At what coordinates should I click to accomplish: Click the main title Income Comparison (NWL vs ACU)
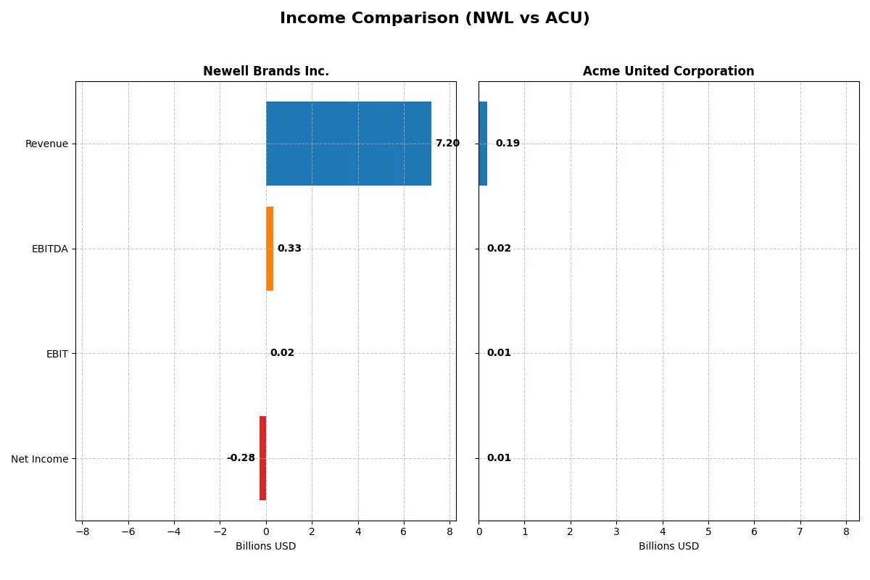point(434,19)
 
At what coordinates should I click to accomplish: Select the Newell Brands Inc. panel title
point(265,71)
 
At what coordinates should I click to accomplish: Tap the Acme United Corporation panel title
point(668,71)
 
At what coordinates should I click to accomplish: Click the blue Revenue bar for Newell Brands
point(348,144)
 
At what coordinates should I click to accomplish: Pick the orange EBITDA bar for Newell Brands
point(270,249)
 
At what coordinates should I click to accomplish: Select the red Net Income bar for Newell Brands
point(262,458)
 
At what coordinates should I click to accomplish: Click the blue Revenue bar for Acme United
point(483,144)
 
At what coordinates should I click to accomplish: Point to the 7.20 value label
point(447,144)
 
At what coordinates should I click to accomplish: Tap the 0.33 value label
point(289,249)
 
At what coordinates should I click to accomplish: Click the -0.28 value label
point(241,458)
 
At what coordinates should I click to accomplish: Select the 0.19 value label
point(507,144)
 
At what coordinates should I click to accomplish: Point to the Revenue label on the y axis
point(46,144)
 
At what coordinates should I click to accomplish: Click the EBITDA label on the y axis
point(49,249)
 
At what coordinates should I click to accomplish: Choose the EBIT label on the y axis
point(57,354)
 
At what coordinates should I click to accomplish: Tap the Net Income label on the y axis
point(39,458)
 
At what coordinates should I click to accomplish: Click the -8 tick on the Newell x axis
point(82,531)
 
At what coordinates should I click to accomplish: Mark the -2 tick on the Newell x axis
point(220,531)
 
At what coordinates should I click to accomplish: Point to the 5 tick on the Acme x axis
point(708,531)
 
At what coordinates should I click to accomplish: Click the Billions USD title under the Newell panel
point(265,547)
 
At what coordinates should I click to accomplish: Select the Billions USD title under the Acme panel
point(668,547)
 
